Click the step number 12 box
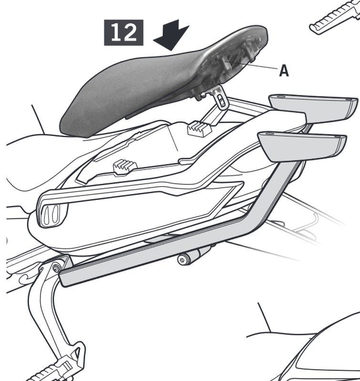click(x=123, y=32)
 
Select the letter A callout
click(x=284, y=71)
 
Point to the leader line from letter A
click(x=255, y=65)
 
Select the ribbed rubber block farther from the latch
click(x=124, y=166)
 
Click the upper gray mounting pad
click(x=313, y=102)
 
